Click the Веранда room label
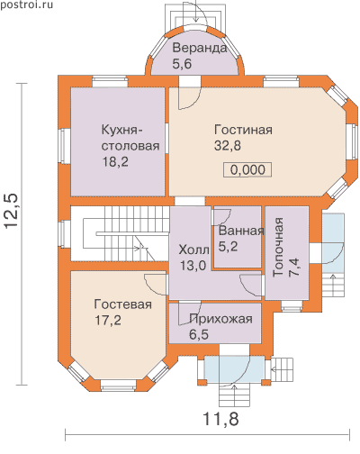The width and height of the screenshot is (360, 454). (200, 49)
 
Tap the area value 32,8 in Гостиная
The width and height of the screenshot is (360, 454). (228, 146)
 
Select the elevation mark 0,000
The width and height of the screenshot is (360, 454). (247, 169)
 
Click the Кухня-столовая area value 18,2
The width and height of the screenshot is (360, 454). (115, 162)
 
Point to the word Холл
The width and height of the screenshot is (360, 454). (193, 250)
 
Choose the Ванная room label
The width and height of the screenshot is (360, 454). (241, 231)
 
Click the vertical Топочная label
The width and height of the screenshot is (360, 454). (278, 247)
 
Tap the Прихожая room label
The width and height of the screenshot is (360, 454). (220, 319)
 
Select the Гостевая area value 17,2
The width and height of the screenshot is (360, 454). (108, 321)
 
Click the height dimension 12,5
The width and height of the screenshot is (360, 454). (12, 211)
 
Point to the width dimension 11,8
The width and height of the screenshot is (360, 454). (221, 418)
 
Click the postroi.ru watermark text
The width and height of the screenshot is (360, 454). (26, 5)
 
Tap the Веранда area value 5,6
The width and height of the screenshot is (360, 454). (182, 64)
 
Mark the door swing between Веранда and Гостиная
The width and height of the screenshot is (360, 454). (188, 97)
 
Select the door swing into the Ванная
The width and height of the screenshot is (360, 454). (220, 217)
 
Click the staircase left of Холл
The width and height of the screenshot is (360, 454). (120, 233)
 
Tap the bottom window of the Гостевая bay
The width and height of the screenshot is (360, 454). (119, 386)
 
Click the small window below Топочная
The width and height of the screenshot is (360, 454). (292, 305)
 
